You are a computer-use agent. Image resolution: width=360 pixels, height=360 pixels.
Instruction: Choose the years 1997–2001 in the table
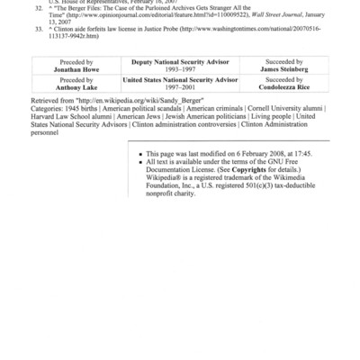coord(180,88)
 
